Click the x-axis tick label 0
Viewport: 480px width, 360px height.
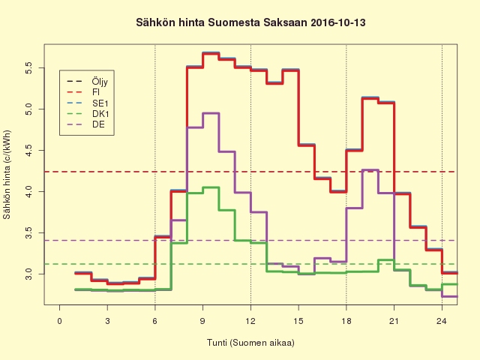coord(60,321)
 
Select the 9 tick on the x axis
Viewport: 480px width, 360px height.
coord(203,321)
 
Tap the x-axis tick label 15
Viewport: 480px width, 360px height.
coord(298,321)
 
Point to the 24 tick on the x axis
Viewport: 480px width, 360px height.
coord(442,321)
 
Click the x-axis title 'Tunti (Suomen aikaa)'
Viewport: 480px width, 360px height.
coord(250,343)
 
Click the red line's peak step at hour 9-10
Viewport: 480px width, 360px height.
coord(211,54)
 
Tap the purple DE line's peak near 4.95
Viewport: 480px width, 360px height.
coord(211,113)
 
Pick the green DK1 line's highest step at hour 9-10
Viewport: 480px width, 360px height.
coord(211,187)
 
